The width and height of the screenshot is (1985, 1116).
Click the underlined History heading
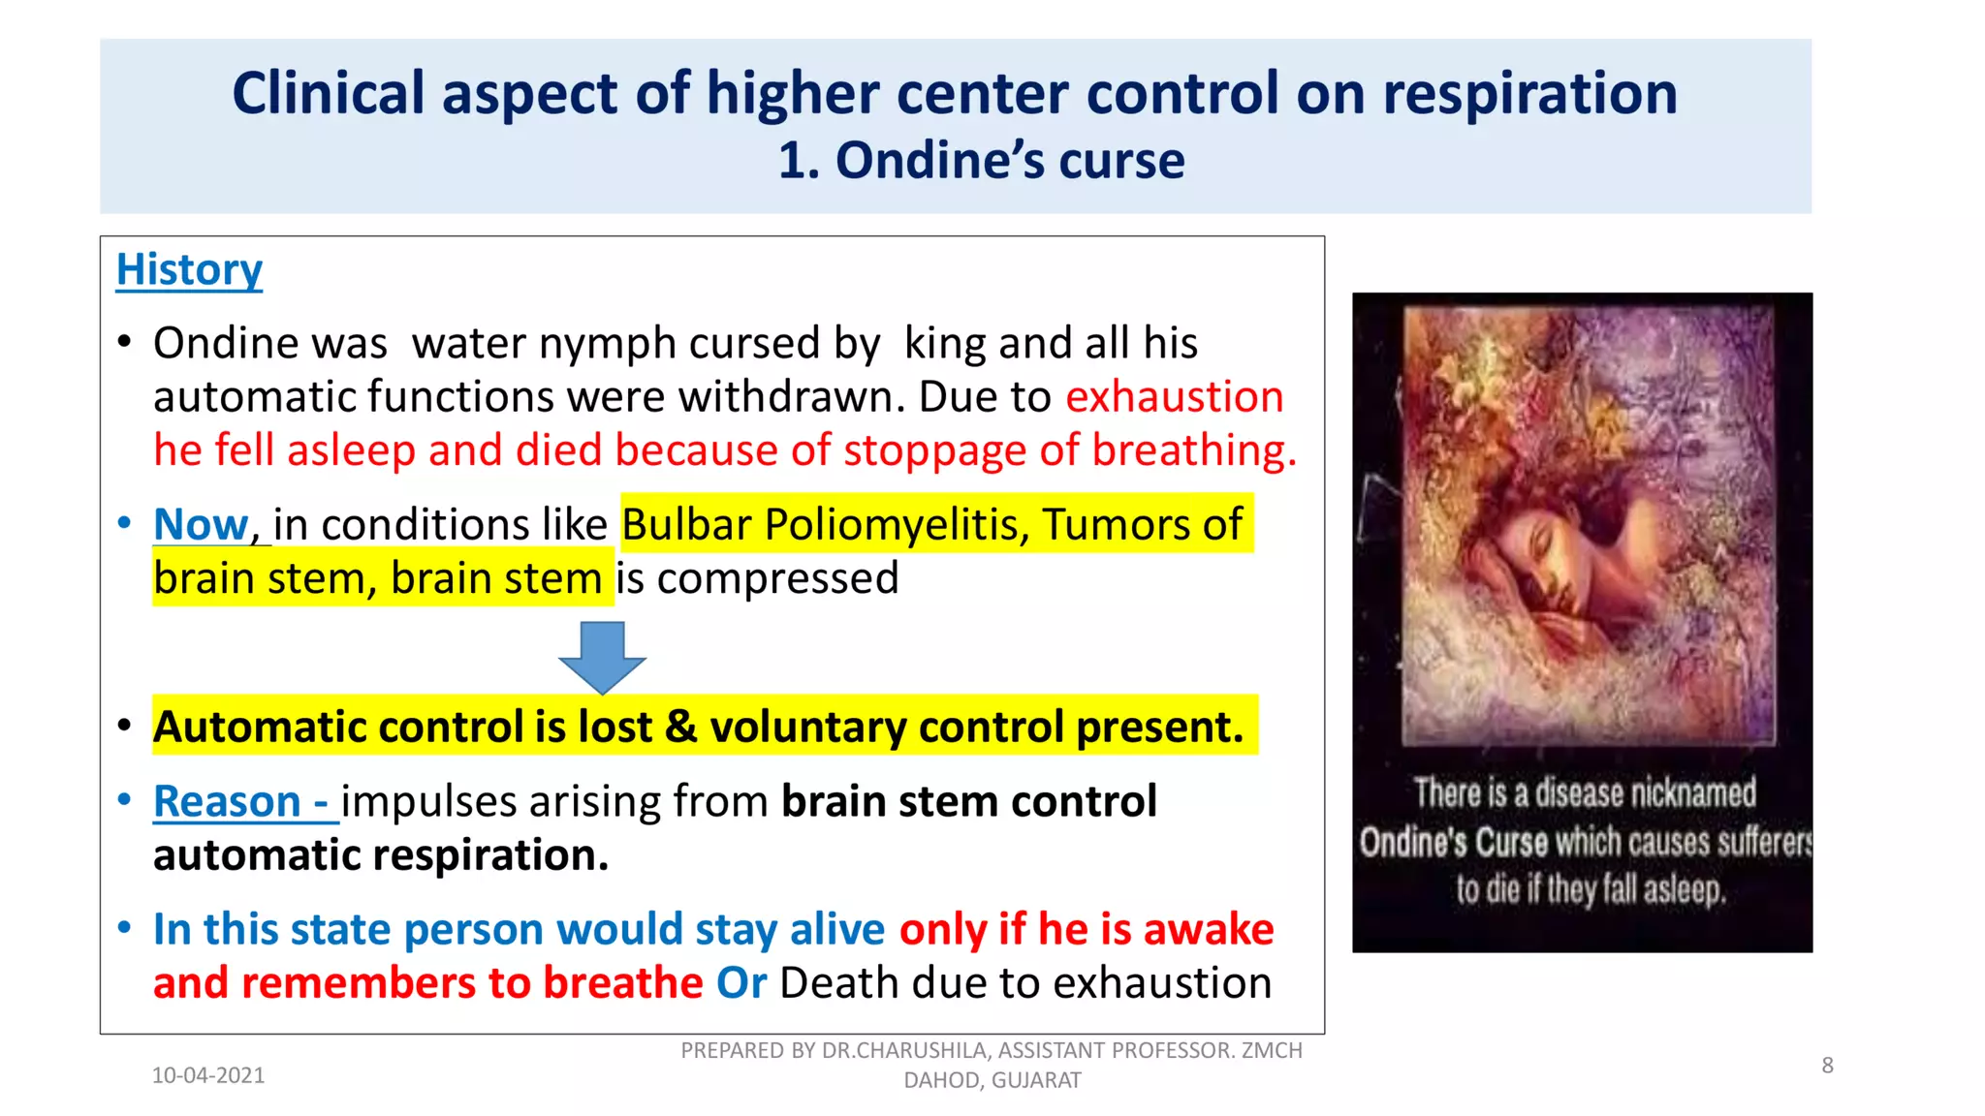click(x=189, y=270)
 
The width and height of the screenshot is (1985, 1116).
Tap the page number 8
click(x=1827, y=1066)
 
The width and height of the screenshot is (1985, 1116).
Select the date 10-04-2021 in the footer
click(x=208, y=1075)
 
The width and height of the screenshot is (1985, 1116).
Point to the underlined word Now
click(x=201, y=525)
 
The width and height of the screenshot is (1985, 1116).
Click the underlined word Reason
click(x=227, y=802)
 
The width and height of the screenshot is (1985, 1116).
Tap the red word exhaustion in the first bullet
click(x=1174, y=397)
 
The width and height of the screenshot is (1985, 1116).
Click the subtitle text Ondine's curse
click(x=1009, y=161)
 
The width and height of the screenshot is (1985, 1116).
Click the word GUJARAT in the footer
click(x=1035, y=1080)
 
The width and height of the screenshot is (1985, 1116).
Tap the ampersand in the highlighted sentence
click(x=680, y=727)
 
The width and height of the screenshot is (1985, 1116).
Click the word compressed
click(x=777, y=579)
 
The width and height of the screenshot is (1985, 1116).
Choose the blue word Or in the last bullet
click(x=740, y=983)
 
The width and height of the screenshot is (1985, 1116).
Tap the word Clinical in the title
click(x=329, y=94)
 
